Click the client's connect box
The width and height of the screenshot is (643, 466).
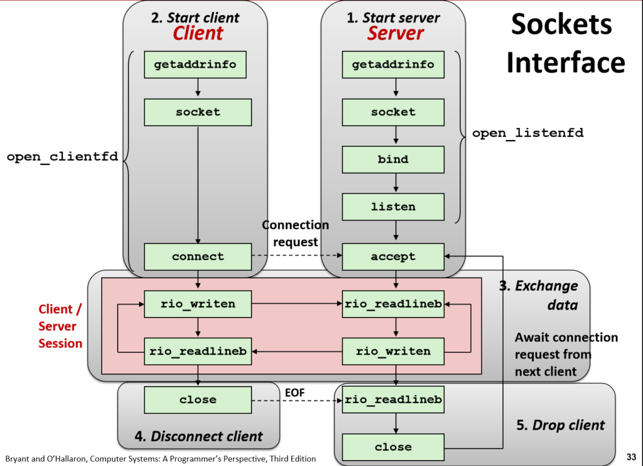pyautogui.click(x=198, y=256)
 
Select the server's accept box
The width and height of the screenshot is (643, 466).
pyautogui.click(x=393, y=256)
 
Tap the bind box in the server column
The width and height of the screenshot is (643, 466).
pyautogui.click(x=393, y=160)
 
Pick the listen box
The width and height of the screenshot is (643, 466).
pyautogui.click(x=393, y=207)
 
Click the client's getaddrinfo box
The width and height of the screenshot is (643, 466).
pyautogui.click(x=198, y=65)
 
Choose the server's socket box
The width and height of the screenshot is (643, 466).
pyautogui.click(x=393, y=112)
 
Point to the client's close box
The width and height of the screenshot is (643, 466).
pyautogui.click(x=198, y=399)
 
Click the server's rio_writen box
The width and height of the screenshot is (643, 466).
pyautogui.click(x=393, y=351)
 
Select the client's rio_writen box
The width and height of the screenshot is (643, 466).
pyautogui.click(x=198, y=304)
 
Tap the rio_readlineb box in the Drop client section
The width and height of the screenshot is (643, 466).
pyautogui.click(x=393, y=399)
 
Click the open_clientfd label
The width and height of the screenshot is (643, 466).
pyautogui.click(x=62, y=156)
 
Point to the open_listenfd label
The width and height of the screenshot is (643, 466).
pyautogui.click(x=527, y=133)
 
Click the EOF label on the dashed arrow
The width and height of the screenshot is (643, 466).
pyautogui.click(x=295, y=393)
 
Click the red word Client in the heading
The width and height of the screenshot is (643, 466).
pyautogui.click(x=198, y=33)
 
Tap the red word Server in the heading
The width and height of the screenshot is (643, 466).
pyautogui.click(x=395, y=33)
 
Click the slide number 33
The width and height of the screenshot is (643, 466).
pyautogui.click(x=631, y=457)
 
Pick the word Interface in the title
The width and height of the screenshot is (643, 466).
pyautogui.click(x=566, y=63)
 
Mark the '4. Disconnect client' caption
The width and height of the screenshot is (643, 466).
pyautogui.click(x=198, y=435)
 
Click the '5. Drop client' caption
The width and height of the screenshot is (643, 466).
pyautogui.click(x=560, y=425)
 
